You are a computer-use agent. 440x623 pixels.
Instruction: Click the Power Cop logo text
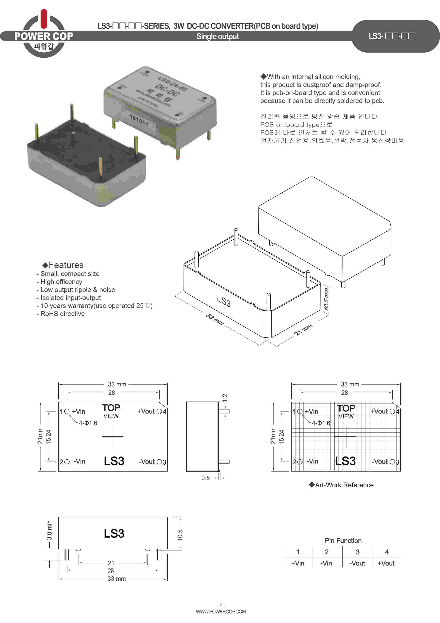point(44,36)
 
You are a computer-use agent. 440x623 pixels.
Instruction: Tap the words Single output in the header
point(218,36)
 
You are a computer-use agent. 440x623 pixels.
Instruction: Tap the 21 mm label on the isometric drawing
point(303,329)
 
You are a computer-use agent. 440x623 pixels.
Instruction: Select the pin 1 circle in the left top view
point(67,412)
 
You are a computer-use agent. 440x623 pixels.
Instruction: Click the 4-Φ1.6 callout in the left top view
point(88,423)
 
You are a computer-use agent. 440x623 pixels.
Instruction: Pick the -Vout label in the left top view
point(147,462)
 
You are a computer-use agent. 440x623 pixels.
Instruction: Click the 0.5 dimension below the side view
point(206,478)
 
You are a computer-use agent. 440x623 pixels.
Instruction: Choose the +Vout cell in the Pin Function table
point(386,563)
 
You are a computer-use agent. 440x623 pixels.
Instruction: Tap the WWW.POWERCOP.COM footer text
point(221,612)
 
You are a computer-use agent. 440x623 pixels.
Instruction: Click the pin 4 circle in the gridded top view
point(392,412)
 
